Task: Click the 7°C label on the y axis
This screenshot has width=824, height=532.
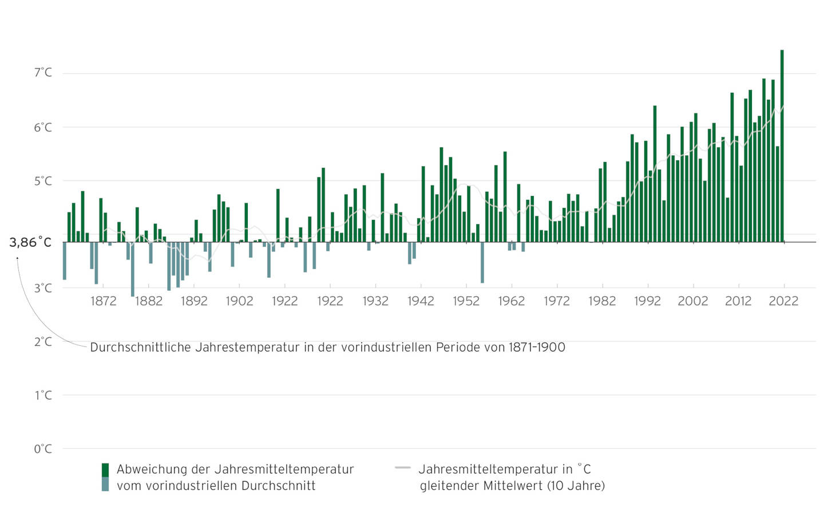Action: [43, 73]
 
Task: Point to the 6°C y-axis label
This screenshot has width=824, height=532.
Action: [43, 127]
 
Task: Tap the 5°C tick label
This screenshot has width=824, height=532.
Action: [43, 181]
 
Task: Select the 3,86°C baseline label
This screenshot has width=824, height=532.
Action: [30, 242]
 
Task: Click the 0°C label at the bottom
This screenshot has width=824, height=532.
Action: [43, 449]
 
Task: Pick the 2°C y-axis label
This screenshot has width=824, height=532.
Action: [43, 342]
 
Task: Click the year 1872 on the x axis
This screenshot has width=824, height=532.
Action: [103, 301]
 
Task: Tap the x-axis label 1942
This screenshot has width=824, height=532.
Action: [421, 301]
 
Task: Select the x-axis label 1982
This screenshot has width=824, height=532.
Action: [602, 301]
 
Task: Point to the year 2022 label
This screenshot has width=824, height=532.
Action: [783, 301]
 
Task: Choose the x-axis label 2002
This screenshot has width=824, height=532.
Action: [692, 301]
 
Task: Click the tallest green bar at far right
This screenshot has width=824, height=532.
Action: [782, 143]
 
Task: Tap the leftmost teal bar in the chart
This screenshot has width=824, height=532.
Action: [65, 261]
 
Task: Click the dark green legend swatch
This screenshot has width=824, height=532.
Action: [105, 470]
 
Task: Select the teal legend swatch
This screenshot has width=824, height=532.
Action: [105, 484]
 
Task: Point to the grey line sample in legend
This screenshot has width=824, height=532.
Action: [403, 468]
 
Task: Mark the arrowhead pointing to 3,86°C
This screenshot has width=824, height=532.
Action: [17, 259]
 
